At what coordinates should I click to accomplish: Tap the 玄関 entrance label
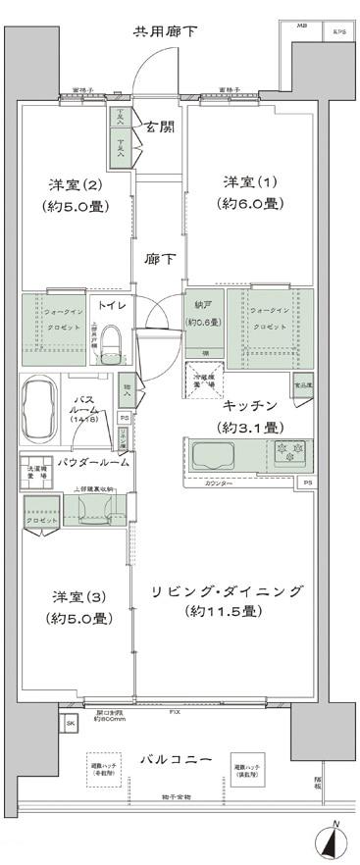(161, 125)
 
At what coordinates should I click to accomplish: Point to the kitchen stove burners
(290, 452)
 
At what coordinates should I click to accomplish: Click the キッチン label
(250, 405)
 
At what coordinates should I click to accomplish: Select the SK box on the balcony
(70, 724)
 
